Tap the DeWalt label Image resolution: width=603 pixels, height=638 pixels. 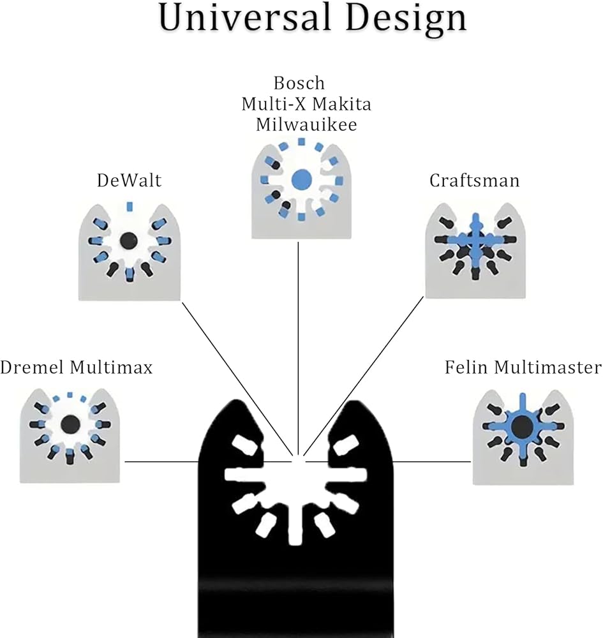(129, 181)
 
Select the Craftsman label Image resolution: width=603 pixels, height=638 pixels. (474, 181)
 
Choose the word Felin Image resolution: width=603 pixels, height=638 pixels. (465, 367)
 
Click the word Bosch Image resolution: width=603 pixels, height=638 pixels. (299, 83)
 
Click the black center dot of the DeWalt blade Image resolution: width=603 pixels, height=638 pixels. (128, 240)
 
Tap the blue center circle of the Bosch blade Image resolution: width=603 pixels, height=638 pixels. (300, 179)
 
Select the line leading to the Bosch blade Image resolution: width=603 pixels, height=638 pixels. (299, 351)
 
